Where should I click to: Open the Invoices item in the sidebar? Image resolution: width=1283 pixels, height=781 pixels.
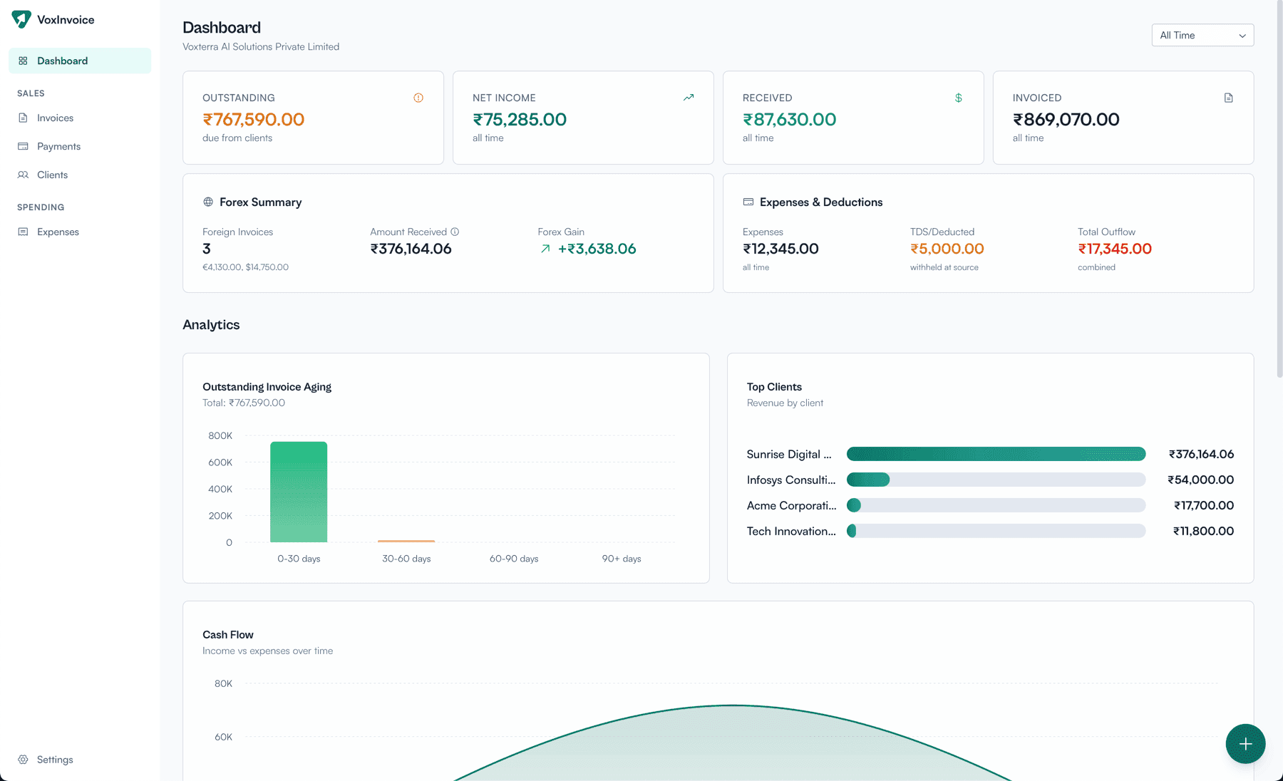pos(55,118)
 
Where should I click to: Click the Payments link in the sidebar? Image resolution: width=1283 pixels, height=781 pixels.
pos(58,146)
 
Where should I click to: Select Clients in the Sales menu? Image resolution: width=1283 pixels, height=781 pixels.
pos(52,175)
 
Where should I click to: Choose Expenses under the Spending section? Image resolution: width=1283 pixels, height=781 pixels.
pos(58,232)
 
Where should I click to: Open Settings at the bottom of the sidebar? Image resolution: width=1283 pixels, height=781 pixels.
pos(55,760)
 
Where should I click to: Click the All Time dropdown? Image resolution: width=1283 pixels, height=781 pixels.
pos(1202,35)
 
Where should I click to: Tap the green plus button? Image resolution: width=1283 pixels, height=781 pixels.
pos(1245,744)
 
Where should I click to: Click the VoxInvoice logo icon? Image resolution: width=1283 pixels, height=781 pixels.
pos(21,19)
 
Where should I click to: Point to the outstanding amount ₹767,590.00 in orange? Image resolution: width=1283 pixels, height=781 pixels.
pos(254,120)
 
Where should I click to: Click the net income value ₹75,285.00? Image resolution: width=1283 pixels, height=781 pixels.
pos(520,120)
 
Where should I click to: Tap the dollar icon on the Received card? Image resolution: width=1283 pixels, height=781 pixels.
pos(959,98)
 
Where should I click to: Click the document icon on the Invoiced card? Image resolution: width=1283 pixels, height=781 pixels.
pos(1228,98)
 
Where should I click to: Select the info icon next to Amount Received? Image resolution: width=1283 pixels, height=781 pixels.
pos(455,232)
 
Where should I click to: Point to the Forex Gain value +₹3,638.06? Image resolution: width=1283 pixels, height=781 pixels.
pos(597,249)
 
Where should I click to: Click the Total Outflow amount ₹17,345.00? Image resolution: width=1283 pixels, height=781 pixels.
pos(1115,249)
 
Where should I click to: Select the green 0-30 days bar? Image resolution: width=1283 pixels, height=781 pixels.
pos(299,492)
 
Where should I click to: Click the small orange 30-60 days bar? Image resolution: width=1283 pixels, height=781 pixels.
pos(406,541)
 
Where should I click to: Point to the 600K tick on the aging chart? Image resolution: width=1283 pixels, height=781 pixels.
pos(220,462)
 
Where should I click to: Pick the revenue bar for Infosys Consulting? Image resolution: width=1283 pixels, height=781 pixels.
pos(868,480)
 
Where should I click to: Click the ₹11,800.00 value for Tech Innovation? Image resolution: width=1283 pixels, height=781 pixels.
pos(1203,531)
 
